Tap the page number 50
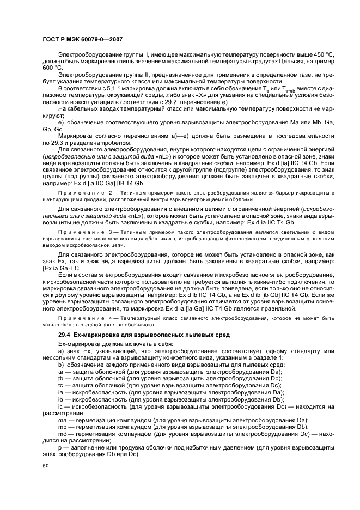(x=45, y=466)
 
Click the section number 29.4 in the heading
(x=65, y=335)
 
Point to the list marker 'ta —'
(x=64, y=371)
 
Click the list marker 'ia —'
(x=64, y=392)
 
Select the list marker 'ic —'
(x=64, y=406)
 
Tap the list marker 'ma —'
(x=65, y=420)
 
